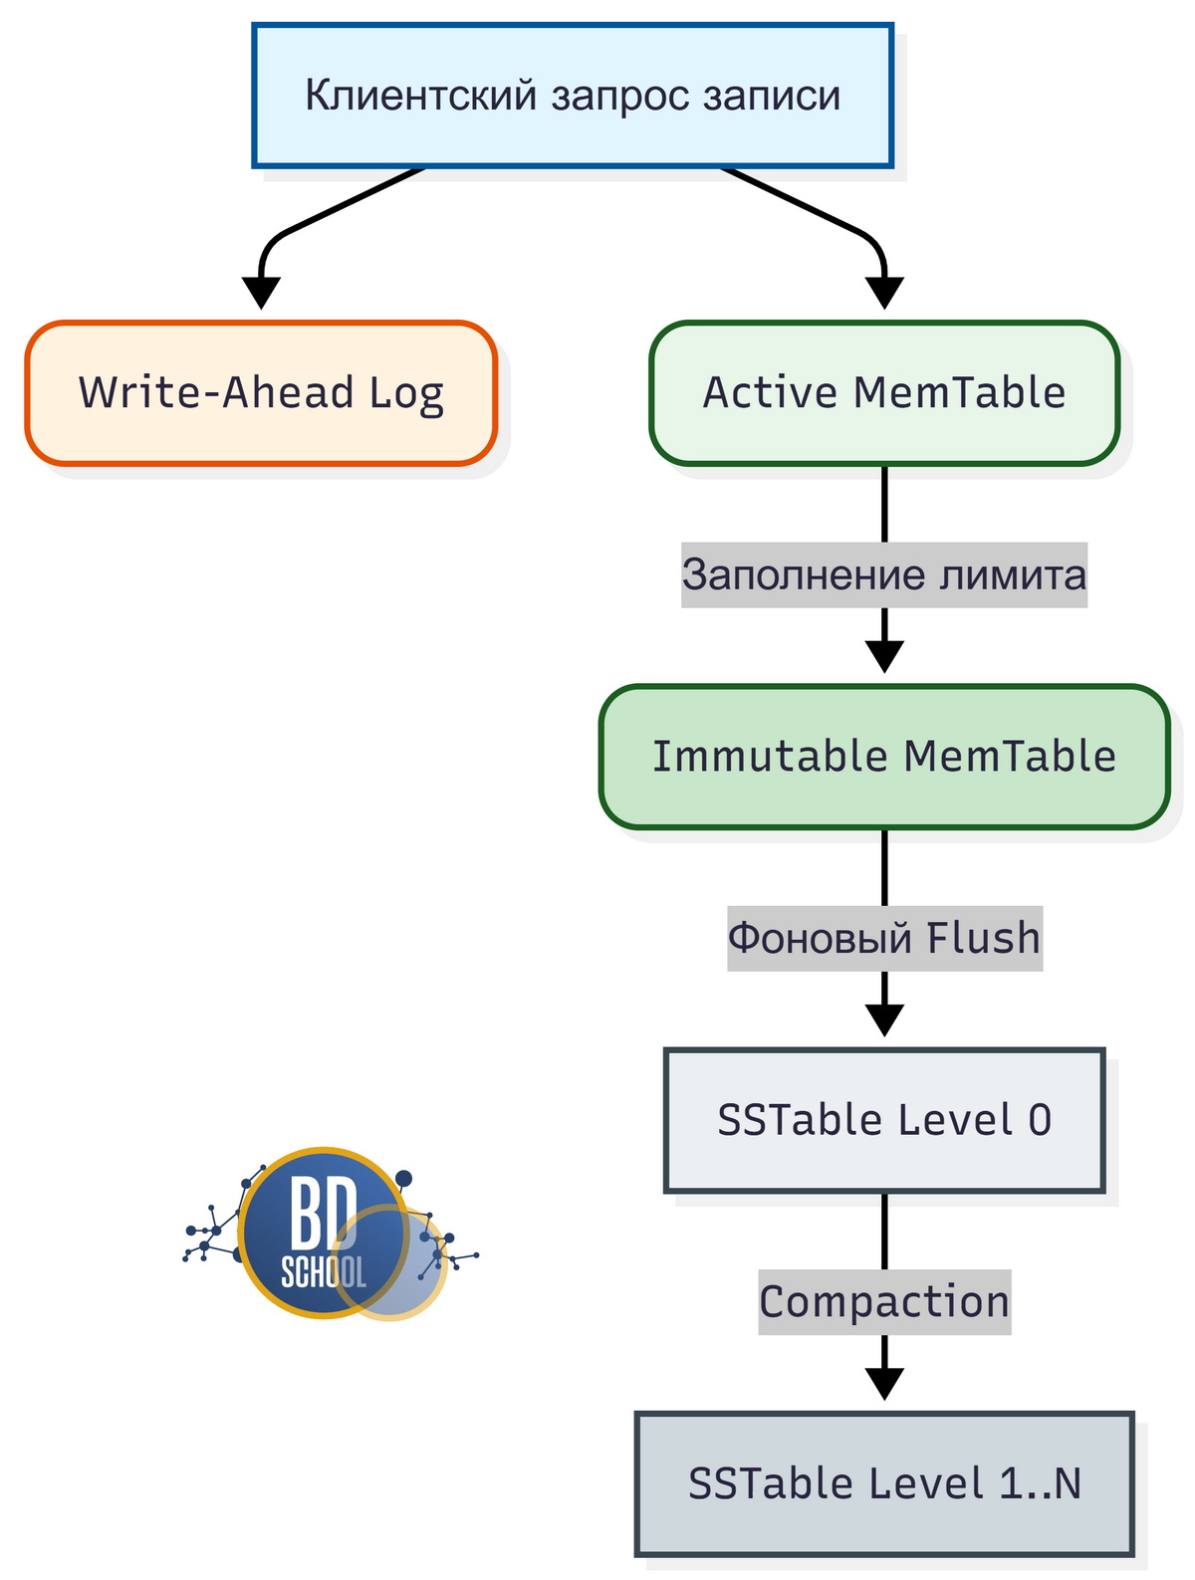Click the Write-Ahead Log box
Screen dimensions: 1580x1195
(261, 393)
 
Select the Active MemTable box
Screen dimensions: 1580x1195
(884, 393)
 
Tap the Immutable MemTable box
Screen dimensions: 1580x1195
(884, 757)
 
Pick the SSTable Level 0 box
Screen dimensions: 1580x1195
(884, 1120)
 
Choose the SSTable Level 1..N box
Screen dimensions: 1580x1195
(884, 1483)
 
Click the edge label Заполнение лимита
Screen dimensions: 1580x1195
(884, 575)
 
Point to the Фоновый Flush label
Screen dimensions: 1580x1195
(884, 939)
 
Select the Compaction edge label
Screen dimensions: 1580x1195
(884, 1302)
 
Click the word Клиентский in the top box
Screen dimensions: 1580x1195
(421, 96)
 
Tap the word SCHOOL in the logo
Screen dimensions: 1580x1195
(323, 1271)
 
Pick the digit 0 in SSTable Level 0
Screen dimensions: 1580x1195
(1039, 1121)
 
